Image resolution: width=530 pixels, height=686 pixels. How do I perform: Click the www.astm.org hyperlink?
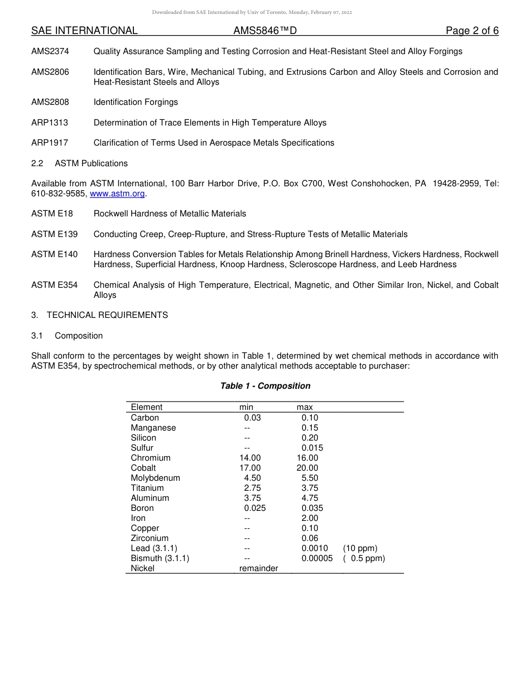pos(117,194)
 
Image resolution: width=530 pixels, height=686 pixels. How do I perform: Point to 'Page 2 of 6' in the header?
pos(472,31)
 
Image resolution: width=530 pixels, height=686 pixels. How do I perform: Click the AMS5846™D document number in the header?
pos(265,31)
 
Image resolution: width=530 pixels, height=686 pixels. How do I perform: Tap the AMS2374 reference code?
pos(50,51)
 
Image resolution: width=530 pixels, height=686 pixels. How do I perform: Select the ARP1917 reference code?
pos(50,143)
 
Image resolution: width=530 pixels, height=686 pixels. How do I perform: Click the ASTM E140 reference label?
pos(55,254)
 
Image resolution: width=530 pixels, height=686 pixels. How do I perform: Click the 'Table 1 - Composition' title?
pos(265,386)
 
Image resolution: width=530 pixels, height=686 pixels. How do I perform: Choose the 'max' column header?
pos(305,407)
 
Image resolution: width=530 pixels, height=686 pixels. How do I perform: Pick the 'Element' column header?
pos(147,407)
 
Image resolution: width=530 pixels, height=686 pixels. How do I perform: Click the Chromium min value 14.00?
pos(250,458)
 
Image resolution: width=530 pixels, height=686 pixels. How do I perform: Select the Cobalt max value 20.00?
pos(307,468)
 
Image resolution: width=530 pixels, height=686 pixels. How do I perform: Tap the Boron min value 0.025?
pos(255,508)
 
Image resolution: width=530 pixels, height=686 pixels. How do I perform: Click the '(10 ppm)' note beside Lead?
pos(360,548)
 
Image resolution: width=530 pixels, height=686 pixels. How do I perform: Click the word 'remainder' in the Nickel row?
pos(258,568)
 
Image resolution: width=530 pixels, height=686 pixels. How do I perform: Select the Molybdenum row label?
pos(156,478)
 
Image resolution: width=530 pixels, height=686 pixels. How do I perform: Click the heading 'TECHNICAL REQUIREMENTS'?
pos(107,315)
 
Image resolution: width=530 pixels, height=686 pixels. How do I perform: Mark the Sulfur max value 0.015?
pos(312,448)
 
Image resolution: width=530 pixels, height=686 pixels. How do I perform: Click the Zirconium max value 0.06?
pos(310,538)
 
